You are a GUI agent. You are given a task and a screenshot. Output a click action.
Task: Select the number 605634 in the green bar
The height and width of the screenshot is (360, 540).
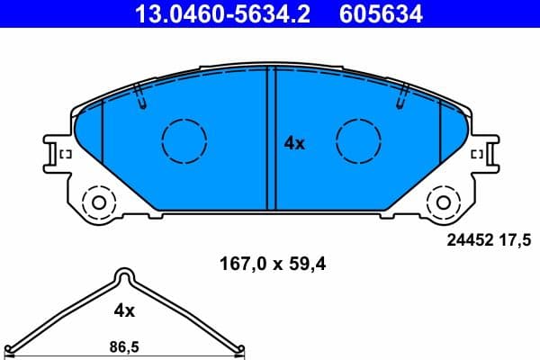tap(378, 13)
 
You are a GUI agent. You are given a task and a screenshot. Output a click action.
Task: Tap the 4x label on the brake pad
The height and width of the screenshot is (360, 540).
tap(294, 142)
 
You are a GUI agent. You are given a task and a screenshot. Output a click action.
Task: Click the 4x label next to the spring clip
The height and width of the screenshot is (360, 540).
tap(124, 310)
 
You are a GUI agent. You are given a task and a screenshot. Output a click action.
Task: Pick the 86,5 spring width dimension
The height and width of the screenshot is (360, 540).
tap(124, 345)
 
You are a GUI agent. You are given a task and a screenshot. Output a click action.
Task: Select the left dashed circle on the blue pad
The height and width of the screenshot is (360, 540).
tap(184, 140)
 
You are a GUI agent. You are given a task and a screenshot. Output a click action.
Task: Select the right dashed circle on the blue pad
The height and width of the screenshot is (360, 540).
tap(357, 140)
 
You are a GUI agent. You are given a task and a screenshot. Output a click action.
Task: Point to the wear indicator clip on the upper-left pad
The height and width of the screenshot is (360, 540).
tap(140, 95)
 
